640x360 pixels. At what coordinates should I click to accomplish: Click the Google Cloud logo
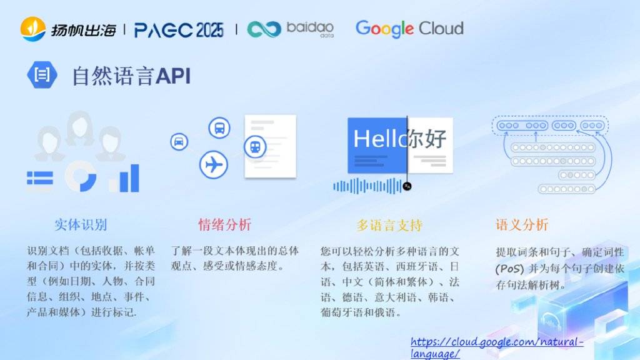pyautogui.click(x=409, y=29)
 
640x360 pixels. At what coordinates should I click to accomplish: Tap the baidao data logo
pyautogui.click(x=291, y=29)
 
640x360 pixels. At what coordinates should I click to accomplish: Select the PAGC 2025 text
pyautogui.click(x=179, y=30)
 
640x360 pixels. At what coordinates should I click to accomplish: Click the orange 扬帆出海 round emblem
pyautogui.click(x=32, y=29)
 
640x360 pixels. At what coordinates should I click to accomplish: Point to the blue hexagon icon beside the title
pyautogui.click(x=42, y=75)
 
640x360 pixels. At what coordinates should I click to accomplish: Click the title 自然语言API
pyautogui.click(x=131, y=76)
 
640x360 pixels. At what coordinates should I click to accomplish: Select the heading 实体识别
pyautogui.click(x=81, y=224)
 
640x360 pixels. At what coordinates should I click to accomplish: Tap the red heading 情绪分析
pyautogui.click(x=225, y=224)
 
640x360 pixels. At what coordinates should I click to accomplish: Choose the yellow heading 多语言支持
pyautogui.click(x=389, y=225)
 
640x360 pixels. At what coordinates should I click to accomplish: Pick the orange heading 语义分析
pyautogui.click(x=522, y=224)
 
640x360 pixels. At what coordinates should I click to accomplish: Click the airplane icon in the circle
pyautogui.click(x=214, y=164)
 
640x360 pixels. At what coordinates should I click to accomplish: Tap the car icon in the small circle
pyautogui.click(x=179, y=142)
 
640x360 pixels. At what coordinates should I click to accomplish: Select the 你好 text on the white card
pyautogui.click(x=427, y=138)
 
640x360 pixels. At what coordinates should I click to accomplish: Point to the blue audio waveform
pyautogui.click(x=367, y=186)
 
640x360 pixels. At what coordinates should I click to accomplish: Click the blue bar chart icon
pyautogui.click(x=124, y=178)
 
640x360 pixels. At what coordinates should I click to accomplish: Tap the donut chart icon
pyautogui.click(x=81, y=176)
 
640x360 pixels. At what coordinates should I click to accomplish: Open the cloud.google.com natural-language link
pyautogui.click(x=497, y=347)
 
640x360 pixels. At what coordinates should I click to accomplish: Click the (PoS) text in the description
pyautogui.click(x=509, y=269)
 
